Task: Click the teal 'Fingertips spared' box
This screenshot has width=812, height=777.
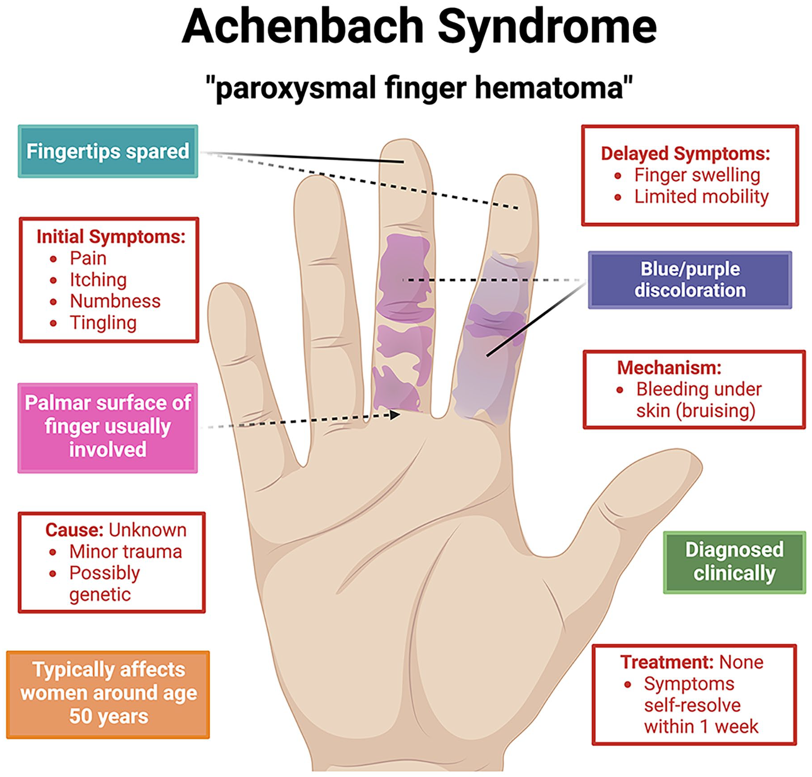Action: (108, 151)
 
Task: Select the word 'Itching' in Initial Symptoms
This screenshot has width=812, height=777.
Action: (98, 280)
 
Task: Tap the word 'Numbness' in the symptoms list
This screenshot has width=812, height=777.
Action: (115, 301)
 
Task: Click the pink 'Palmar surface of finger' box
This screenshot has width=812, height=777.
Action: (108, 427)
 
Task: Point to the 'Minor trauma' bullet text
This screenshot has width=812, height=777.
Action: (126, 551)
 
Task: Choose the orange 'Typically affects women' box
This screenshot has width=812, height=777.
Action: (108, 695)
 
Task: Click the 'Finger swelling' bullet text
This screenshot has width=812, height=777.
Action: (697, 175)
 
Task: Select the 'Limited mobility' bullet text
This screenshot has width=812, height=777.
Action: (701, 196)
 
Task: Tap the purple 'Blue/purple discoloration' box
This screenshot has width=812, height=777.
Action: (690, 280)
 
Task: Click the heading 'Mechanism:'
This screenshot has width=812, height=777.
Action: (669, 368)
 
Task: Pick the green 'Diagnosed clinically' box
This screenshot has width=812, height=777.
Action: (734, 562)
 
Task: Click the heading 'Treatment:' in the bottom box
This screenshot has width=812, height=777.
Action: (668, 662)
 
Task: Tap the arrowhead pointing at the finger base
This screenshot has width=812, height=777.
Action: (395, 415)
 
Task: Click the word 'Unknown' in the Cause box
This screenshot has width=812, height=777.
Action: (148, 530)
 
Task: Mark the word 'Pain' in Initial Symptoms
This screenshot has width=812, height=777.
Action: (88, 258)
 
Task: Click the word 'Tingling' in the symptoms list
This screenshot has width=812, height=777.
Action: (103, 323)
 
